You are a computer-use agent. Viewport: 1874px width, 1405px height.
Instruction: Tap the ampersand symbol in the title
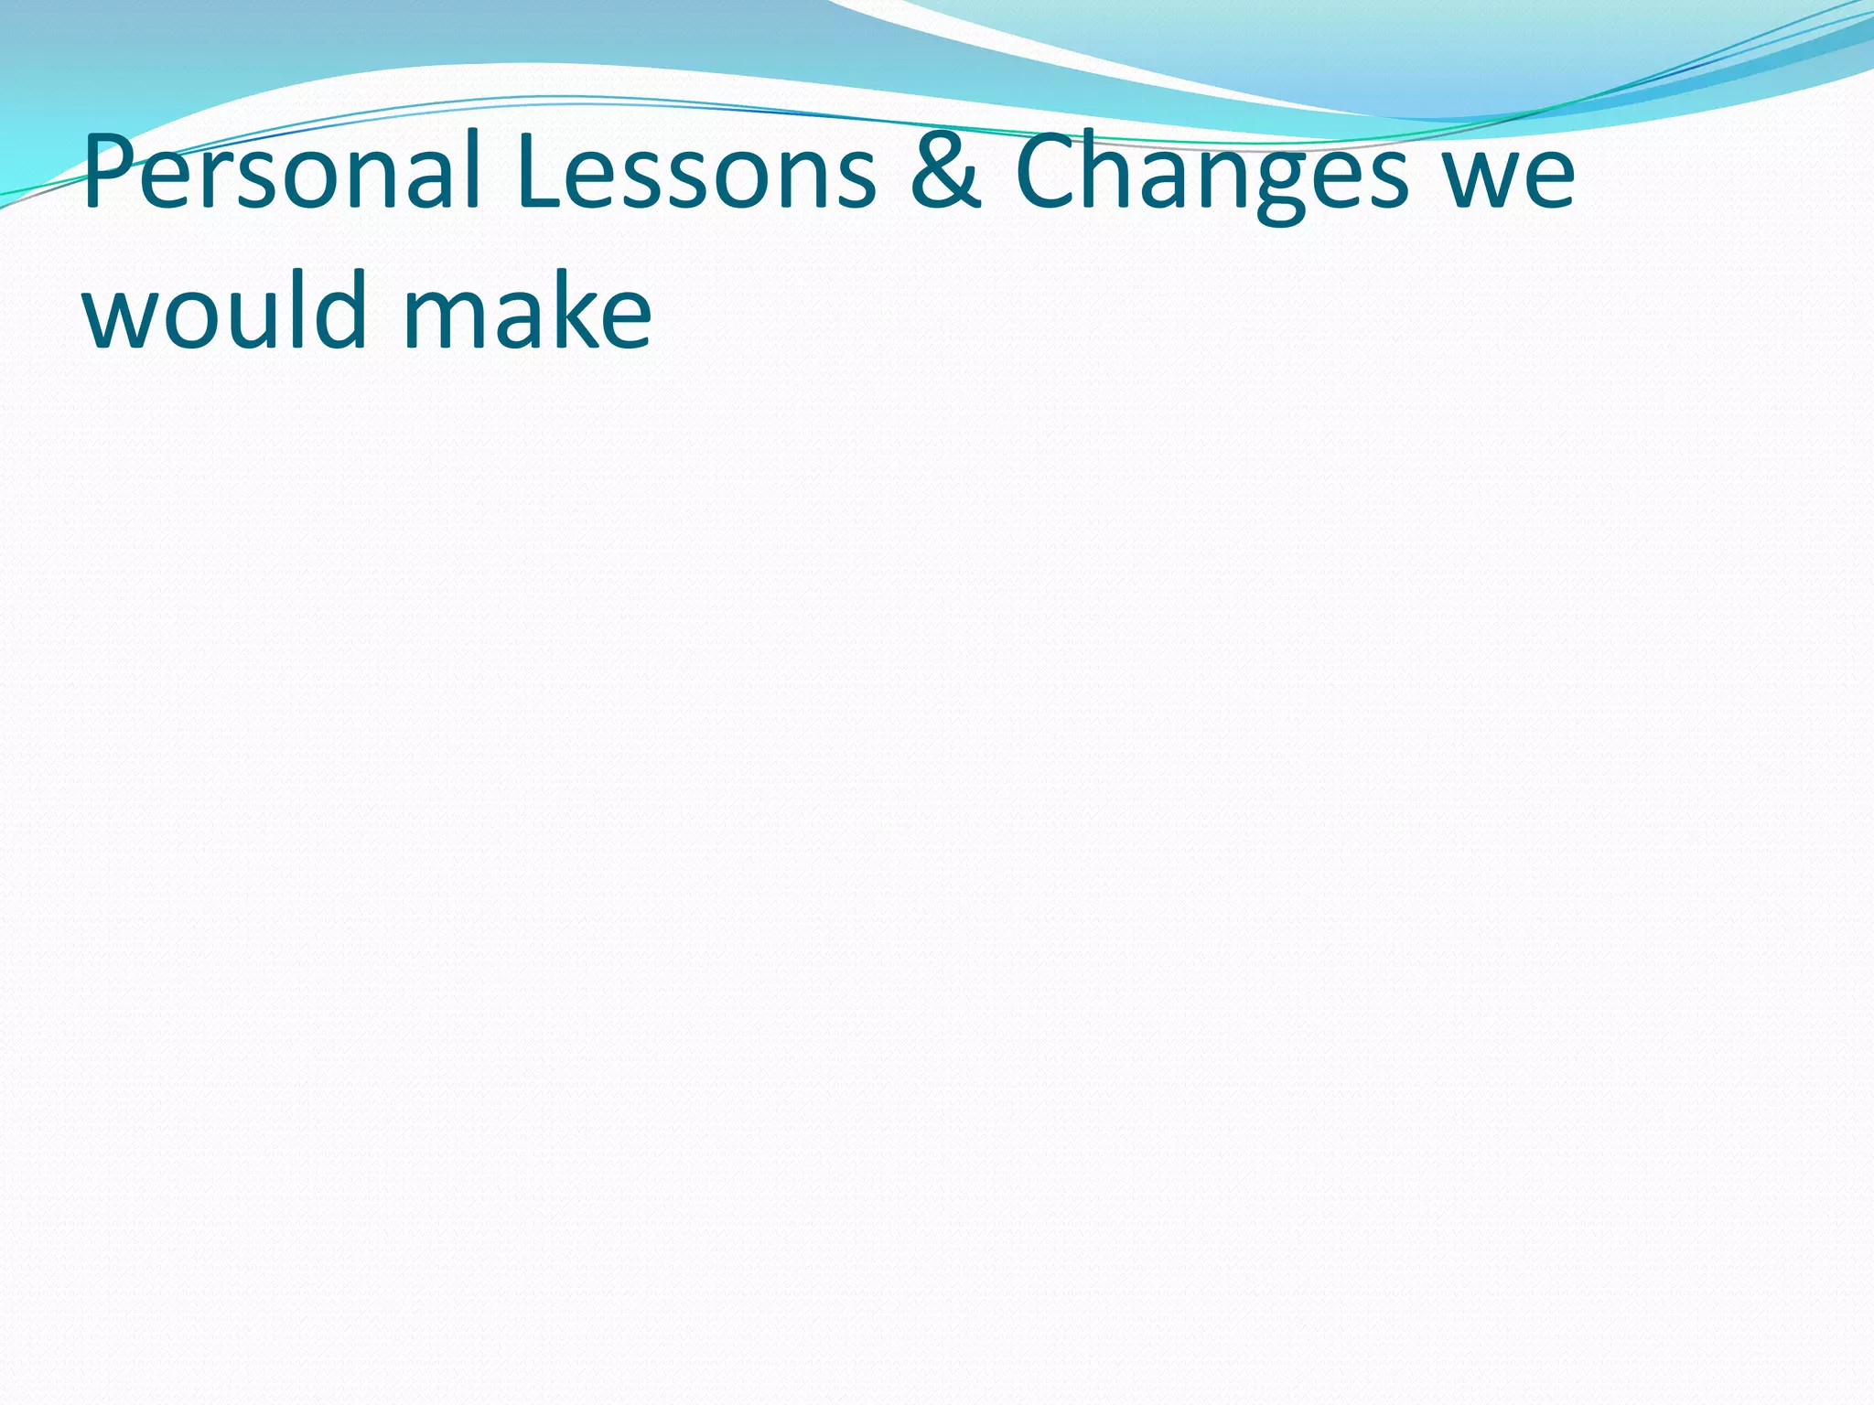tap(946, 172)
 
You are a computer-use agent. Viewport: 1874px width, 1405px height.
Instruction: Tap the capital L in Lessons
tap(540, 172)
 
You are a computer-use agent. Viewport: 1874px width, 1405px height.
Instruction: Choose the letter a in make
tap(522, 316)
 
